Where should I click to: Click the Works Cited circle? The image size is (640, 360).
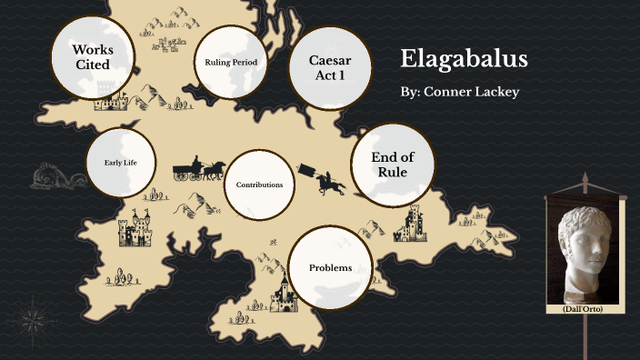click(92, 56)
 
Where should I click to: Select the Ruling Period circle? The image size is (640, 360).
click(231, 63)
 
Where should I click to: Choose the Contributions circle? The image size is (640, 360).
click(259, 185)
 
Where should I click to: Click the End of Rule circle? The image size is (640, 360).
click(389, 165)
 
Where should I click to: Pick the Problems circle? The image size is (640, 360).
click(330, 267)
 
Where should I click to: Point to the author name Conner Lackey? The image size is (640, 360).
click(459, 93)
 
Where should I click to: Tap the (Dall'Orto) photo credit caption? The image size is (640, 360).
click(585, 309)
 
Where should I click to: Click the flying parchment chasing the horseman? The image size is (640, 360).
click(306, 168)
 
